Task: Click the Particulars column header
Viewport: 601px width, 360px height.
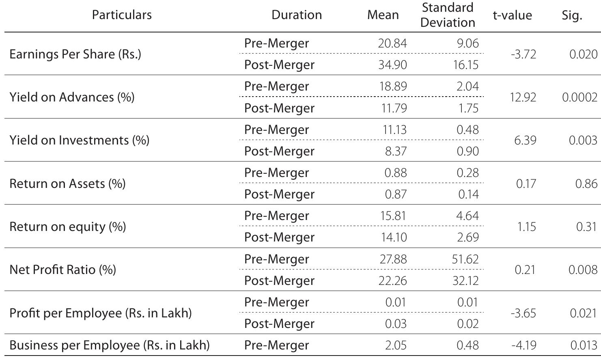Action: coord(122,15)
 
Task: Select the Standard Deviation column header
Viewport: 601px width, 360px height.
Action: coord(448,15)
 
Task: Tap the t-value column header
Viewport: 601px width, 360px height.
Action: coord(512,15)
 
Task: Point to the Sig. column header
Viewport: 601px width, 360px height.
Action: coord(572,15)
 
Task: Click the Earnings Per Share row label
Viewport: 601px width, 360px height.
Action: coord(75,54)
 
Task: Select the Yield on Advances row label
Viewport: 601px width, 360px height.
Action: coord(72,97)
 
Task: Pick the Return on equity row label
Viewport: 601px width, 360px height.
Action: coord(67,226)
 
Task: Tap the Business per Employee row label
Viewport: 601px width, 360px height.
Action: coord(110,345)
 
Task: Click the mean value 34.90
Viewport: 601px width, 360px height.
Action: coord(392,65)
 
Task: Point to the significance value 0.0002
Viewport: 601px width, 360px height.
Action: coord(579,97)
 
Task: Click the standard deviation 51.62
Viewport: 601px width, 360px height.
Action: coord(465,259)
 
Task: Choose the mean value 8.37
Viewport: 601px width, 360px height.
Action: coord(395,151)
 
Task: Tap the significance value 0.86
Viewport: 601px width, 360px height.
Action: coord(586,183)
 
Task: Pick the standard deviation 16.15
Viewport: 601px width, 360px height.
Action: coord(465,65)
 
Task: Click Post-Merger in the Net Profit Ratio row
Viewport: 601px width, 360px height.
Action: coord(279,280)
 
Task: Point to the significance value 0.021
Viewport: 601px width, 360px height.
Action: coord(583,313)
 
